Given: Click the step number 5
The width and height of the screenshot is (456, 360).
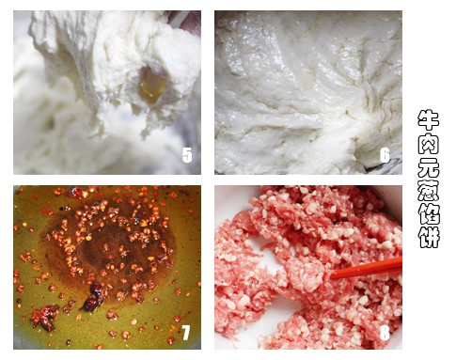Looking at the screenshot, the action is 187,155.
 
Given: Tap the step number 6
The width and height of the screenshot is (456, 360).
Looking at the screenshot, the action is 385,155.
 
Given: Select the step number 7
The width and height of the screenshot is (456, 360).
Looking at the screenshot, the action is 186,333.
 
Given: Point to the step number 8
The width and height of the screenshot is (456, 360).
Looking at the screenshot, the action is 385,333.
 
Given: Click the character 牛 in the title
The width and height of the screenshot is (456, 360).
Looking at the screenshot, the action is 429,119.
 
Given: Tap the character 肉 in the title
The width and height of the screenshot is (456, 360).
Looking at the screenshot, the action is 429,143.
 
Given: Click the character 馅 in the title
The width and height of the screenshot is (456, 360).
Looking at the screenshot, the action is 429,213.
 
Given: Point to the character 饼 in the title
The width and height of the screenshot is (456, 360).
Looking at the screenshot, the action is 429,237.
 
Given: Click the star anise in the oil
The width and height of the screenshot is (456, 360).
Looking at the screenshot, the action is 45,317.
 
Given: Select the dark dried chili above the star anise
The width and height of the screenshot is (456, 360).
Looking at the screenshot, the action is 93,296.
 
